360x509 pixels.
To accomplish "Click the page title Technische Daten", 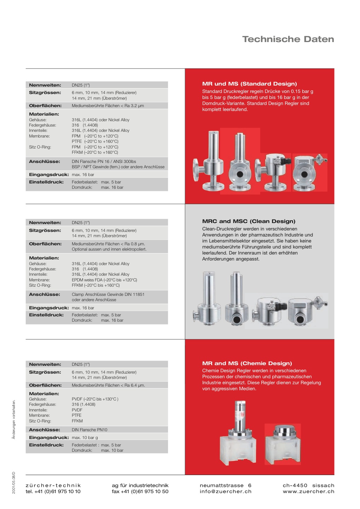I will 288,39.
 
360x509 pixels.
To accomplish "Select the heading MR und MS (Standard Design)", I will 249,84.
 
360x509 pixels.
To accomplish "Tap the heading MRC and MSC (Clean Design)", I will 249,221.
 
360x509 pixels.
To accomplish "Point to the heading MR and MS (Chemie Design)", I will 247,363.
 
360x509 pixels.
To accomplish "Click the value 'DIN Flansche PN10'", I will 89,430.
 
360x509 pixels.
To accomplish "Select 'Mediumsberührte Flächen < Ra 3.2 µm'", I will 108,106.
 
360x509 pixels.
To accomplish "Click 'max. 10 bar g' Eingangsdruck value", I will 85,438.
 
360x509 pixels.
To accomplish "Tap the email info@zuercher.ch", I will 225,491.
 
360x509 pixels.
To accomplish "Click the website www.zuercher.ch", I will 308,491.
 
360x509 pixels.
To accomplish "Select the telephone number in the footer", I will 53,491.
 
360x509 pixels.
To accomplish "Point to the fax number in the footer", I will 140,491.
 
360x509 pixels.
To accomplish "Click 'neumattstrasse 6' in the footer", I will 225,485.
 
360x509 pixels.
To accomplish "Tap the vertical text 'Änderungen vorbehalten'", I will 14,420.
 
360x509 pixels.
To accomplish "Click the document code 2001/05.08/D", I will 14,482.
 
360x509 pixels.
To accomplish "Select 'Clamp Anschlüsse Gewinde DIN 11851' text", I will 108,294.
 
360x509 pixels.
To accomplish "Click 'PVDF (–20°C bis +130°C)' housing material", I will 95,399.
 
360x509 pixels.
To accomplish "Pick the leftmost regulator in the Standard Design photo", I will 209,161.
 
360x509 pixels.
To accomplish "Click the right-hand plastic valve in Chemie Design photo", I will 283,444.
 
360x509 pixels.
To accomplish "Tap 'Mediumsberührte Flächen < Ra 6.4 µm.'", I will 108,385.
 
